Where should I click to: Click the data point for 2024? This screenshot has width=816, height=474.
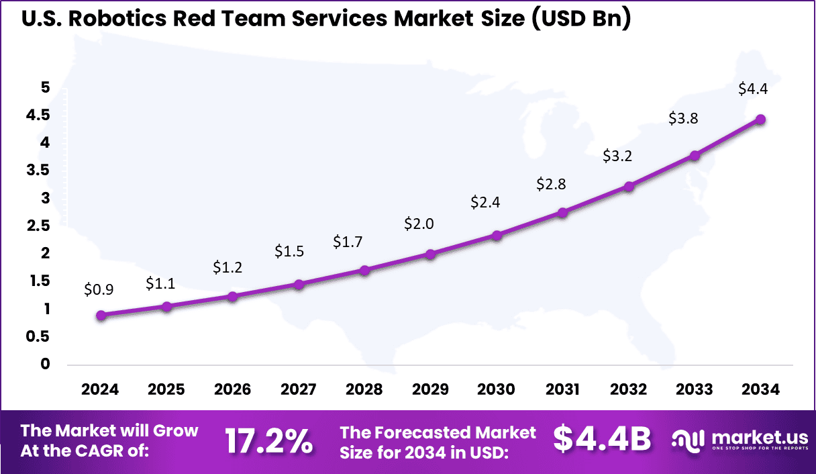(x=101, y=316)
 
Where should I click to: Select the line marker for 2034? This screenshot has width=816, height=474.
(x=760, y=120)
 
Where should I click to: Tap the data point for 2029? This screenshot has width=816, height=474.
(x=431, y=254)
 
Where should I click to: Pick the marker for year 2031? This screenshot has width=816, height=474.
(x=563, y=212)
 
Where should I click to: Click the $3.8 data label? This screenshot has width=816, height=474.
(x=683, y=118)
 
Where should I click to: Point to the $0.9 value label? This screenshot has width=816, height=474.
(x=99, y=289)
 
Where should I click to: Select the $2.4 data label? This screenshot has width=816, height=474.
(x=484, y=201)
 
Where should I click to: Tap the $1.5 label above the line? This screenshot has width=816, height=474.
(x=289, y=251)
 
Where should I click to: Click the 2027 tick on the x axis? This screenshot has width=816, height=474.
(x=299, y=389)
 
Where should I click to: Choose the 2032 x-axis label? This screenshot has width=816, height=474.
(x=629, y=389)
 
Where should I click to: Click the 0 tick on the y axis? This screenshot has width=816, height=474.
(x=45, y=364)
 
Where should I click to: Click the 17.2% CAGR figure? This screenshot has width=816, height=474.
(x=268, y=441)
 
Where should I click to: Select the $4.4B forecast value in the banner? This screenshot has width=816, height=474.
(x=602, y=439)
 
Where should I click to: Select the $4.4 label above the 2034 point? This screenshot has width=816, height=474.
(x=752, y=89)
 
